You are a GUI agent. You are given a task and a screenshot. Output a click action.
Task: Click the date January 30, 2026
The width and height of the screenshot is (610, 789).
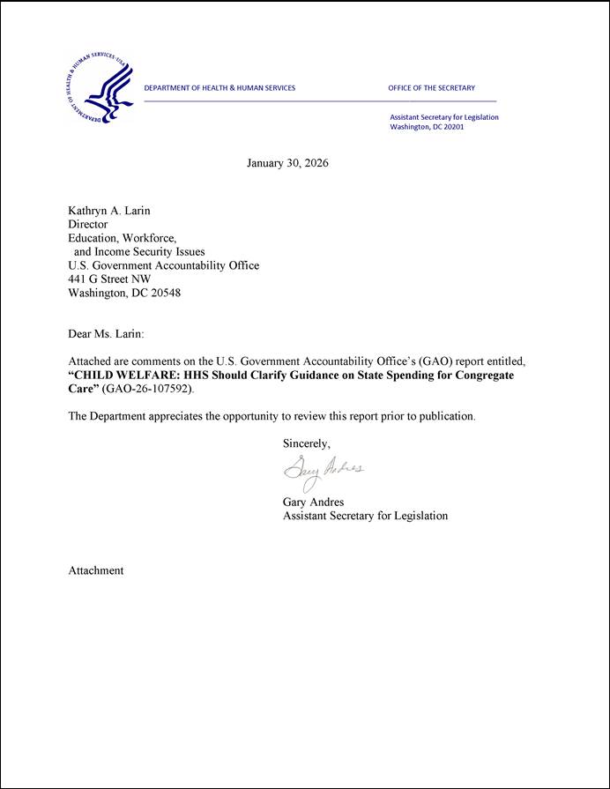click(287, 163)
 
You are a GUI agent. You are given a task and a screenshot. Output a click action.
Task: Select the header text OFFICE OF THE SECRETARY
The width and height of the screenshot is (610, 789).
click(431, 88)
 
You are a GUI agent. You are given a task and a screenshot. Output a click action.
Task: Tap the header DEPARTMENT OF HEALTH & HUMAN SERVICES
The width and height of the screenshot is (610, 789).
click(219, 88)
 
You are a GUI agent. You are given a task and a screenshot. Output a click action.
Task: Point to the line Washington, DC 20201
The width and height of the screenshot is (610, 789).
click(427, 127)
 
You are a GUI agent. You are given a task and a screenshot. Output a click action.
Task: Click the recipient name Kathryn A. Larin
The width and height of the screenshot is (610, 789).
click(109, 211)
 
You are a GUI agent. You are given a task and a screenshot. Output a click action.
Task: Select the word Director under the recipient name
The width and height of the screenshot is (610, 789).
click(88, 225)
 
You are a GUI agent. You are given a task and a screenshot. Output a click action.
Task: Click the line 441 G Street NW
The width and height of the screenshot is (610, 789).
click(109, 279)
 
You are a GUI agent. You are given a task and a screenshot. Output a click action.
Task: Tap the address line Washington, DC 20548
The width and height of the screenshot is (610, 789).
click(124, 294)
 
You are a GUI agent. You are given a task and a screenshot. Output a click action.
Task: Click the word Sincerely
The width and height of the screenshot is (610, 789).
click(306, 443)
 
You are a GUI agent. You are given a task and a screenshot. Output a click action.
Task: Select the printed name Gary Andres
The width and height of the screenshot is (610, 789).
click(314, 502)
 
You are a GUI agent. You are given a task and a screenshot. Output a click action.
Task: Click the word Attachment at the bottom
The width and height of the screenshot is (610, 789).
click(96, 570)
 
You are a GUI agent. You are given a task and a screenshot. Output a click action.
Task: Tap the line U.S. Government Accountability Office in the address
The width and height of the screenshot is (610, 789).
click(163, 265)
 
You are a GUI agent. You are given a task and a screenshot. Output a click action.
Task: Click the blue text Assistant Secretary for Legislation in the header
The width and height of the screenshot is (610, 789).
click(443, 117)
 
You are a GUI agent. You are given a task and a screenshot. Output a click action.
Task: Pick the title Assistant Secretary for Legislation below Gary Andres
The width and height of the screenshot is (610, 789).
click(365, 516)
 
